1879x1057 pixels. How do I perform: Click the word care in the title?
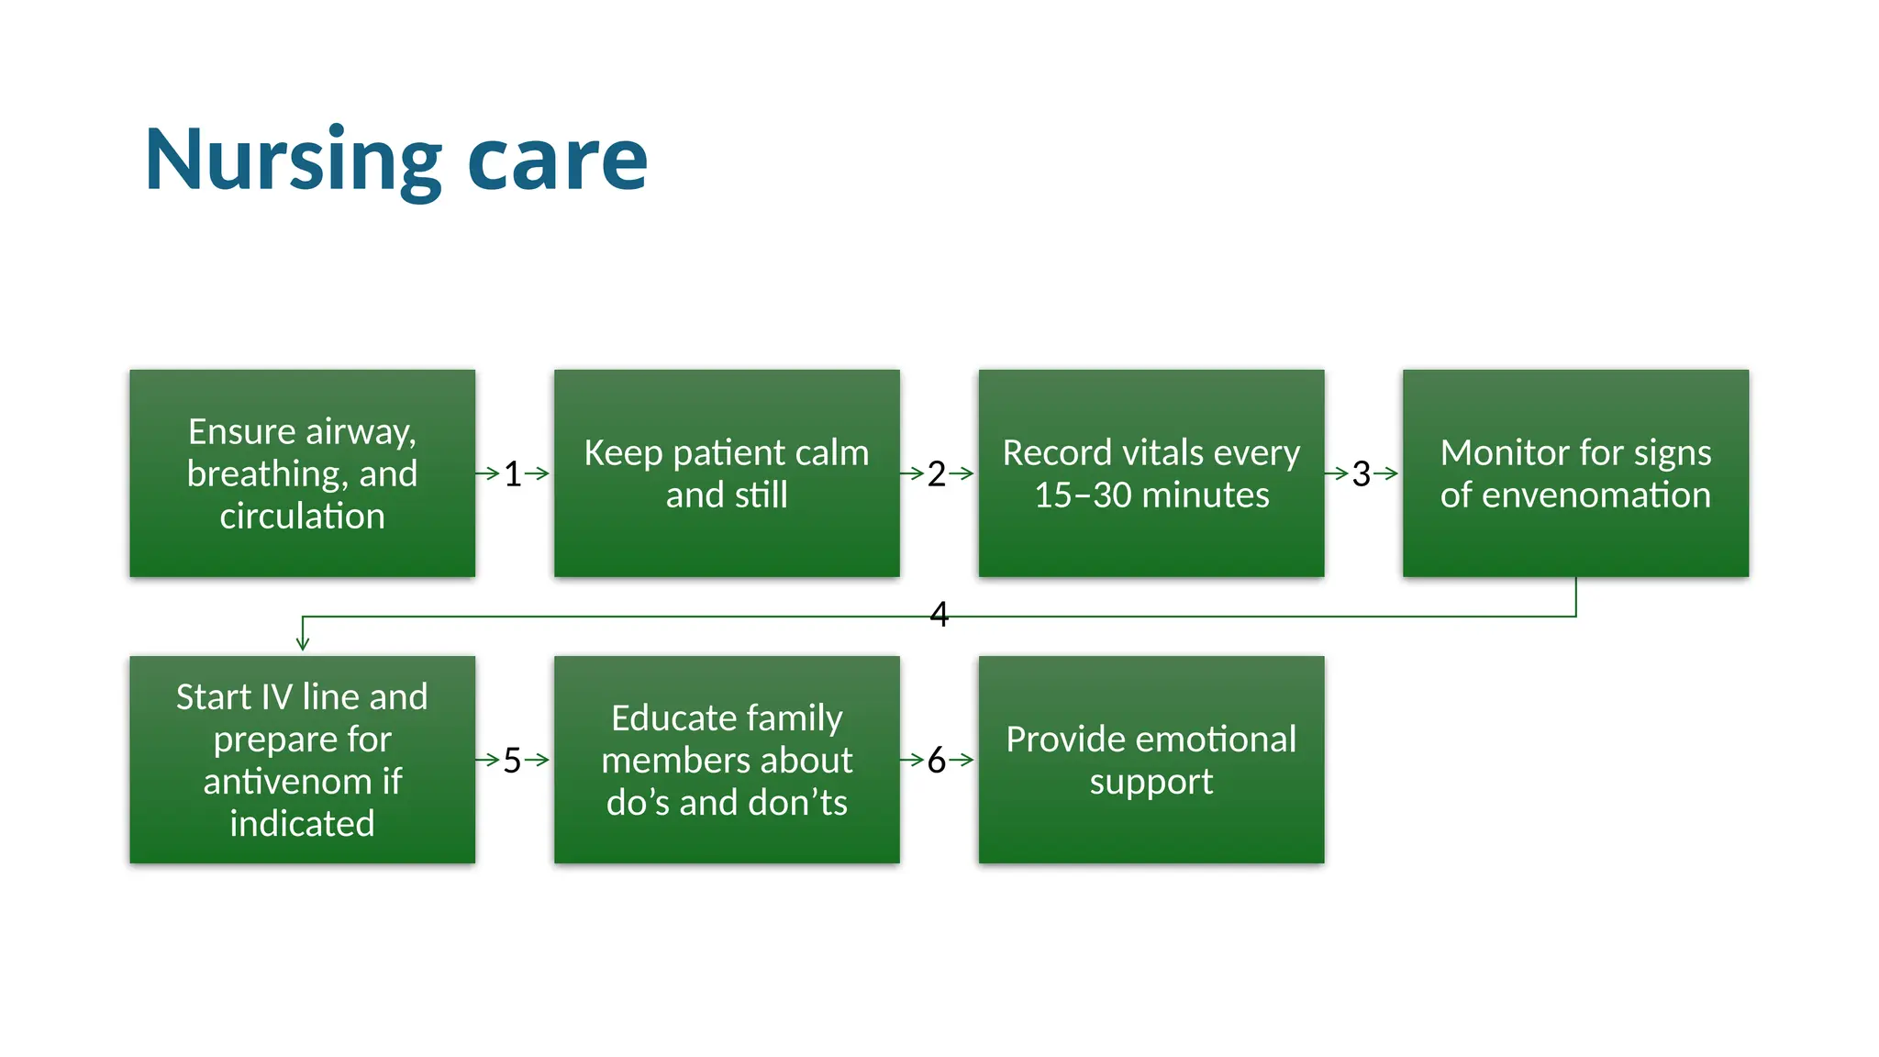(x=557, y=161)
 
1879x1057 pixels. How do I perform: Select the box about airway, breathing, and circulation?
(x=302, y=473)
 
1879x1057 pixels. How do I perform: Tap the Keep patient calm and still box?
(x=726, y=473)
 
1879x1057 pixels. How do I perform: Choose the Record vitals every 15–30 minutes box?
(x=1151, y=473)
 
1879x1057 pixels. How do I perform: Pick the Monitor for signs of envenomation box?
(x=1574, y=473)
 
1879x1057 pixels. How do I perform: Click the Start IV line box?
(x=302, y=759)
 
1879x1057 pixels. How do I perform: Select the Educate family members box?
(x=726, y=759)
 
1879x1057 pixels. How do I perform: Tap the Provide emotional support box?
(x=1151, y=759)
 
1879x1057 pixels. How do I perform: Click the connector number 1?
(x=513, y=474)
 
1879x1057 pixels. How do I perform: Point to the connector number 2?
(x=937, y=474)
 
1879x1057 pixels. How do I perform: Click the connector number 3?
(x=1362, y=474)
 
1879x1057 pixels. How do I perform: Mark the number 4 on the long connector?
(x=939, y=614)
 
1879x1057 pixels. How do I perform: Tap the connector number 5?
(x=513, y=761)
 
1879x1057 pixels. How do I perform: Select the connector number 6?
(x=937, y=761)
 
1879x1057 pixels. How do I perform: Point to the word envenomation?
(x=1596, y=495)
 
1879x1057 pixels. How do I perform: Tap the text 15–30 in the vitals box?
(x=1083, y=495)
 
